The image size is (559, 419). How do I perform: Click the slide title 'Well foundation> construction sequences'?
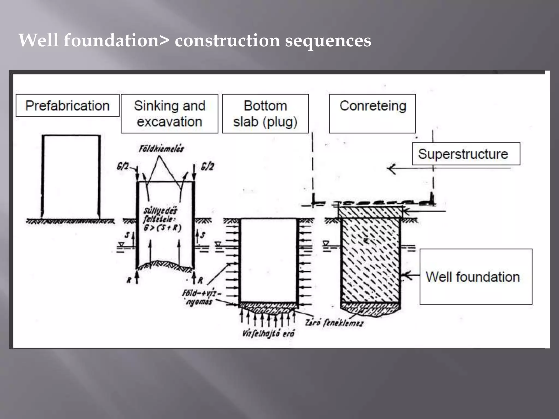pyautogui.click(x=195, y=40)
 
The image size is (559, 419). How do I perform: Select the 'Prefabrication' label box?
pyautogui.click(x=67, y=106)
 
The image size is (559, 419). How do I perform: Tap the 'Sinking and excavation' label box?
pyautogui.click(x=169, y=113)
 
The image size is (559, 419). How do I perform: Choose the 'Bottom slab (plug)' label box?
pyautogui.click(x=265, y=113)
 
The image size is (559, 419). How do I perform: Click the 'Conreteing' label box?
pyautogui.click(x=372, y=113)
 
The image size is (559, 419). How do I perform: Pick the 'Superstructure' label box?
pyautogui.click(x=466, y=154)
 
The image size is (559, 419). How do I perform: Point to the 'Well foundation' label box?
pyautogui.click(x=475, y=277)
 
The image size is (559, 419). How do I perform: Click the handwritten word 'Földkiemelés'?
pyautogui.click(x=161, y=149)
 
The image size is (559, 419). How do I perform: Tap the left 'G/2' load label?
pyautogui.click(x=123, y=166)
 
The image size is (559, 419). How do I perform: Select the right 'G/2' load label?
pyautogui.click(x=207, y=166)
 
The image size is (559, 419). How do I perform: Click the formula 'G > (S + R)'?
pyautogui.click(x=162, y=228)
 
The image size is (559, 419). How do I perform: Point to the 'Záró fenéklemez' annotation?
pyautogui.click(x=334, y=323)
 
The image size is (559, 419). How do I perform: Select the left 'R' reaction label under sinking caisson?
pyautogui.click(x=129, y=280)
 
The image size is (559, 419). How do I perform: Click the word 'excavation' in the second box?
pyautogui.click(x=169, y=122)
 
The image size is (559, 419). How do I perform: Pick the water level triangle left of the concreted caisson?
pyautogui.click(x=326, y=243)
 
